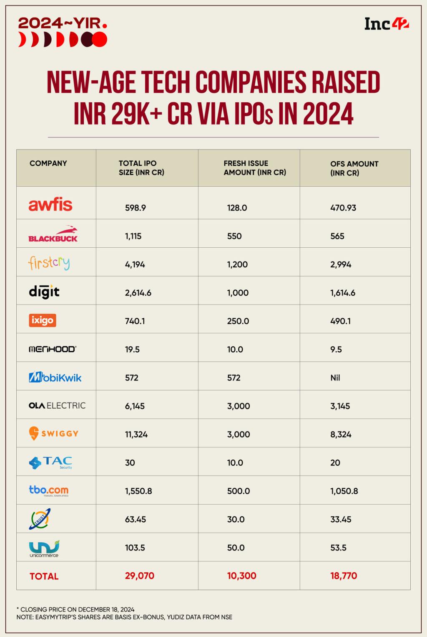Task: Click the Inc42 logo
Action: point(387,24)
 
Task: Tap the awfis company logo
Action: point(50,205)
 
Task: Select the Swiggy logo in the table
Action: point(54,434)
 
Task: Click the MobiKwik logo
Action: point(55,378)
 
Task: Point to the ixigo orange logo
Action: point(43,320)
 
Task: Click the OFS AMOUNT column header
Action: point(354,168)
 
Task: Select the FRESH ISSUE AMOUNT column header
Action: point(255,168)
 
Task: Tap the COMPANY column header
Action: point(48,163)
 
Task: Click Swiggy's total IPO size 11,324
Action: point(136,434)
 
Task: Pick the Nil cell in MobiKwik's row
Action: point(335,378)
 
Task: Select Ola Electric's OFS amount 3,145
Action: point(340,406)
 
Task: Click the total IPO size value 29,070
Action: point(140,576)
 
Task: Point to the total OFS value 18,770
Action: point(344,576)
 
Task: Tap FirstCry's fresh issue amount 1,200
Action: point(238,264)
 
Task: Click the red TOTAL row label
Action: point(44,576)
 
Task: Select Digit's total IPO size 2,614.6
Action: point(138,293)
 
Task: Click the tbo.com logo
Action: point(49,490)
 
